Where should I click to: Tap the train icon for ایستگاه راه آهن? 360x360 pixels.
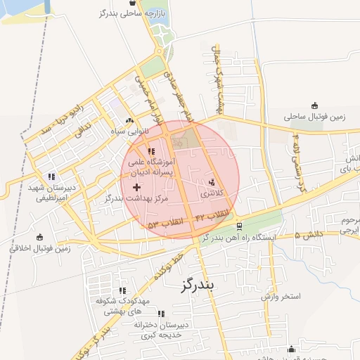[240, 226]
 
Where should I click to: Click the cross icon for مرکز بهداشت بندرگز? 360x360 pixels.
[136, 187]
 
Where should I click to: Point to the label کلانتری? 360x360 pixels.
[211, 193]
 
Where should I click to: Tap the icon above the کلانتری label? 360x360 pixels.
[212, 182]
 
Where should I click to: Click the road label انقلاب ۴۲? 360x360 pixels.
[210, 214]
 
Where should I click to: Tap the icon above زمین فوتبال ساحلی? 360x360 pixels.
[314, 105]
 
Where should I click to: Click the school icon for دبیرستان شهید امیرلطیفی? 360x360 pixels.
[51, 176]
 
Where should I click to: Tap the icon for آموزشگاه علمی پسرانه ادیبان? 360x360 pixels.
[150, 150]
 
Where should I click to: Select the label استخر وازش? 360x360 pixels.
[281, 297]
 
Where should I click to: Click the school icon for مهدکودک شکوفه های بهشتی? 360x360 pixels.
[122, 290]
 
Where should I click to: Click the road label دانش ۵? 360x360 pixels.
[309, 233]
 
